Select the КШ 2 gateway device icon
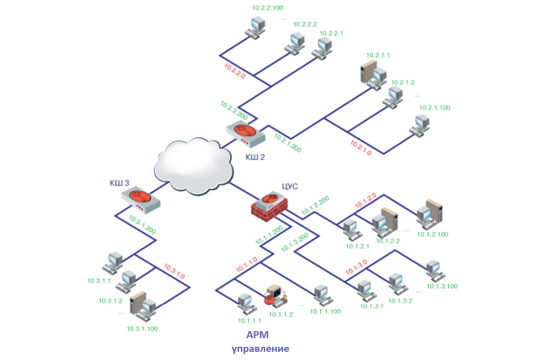(x=246, y=135)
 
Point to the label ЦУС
(x=289, y=186)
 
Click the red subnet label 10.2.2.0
(x=235, y=70)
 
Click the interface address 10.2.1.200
(x=288, y=143)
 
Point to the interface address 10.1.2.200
(x=315, y=204)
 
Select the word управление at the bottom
(x=261, y=349)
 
